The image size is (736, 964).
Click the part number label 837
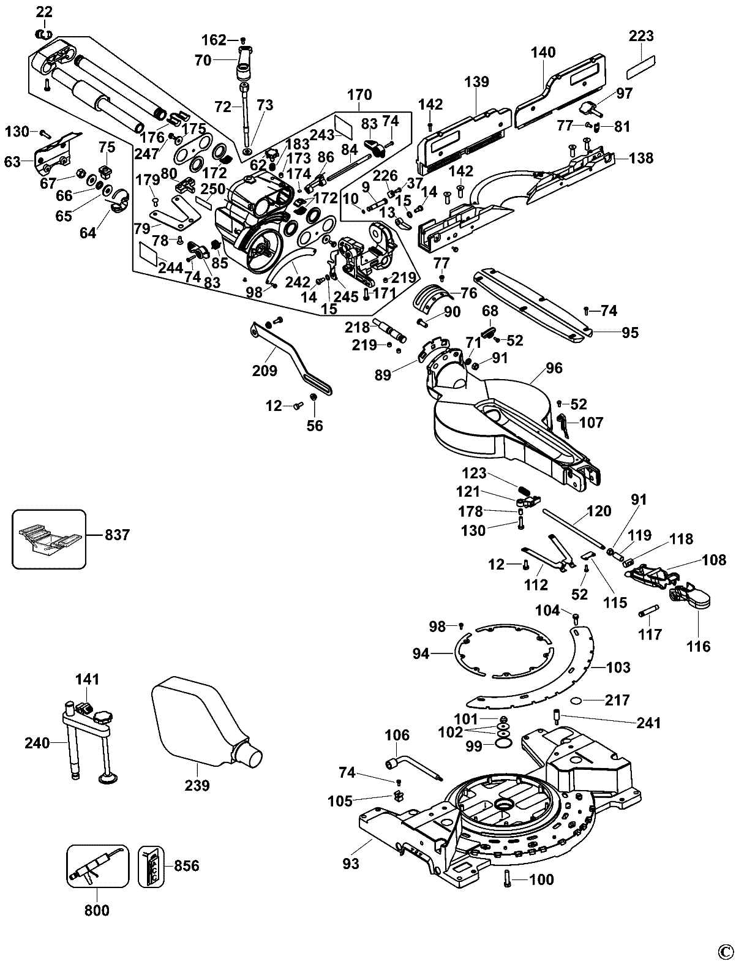118,535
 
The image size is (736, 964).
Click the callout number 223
641,36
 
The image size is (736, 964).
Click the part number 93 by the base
351,864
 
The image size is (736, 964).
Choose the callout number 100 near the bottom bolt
541,880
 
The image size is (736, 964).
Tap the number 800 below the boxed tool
97,911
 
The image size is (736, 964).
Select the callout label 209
264,370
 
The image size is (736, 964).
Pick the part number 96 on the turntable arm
554,368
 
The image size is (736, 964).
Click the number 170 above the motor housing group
359,95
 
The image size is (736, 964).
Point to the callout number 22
45,11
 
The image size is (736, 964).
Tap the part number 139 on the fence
476,81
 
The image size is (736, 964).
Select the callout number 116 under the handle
699,646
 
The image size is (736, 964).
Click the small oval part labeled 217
579,701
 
